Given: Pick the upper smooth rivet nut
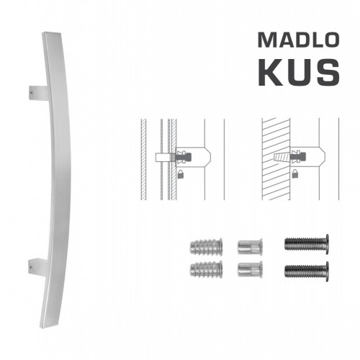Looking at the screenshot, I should [248, 247].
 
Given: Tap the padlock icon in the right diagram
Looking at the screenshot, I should [298, 174].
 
